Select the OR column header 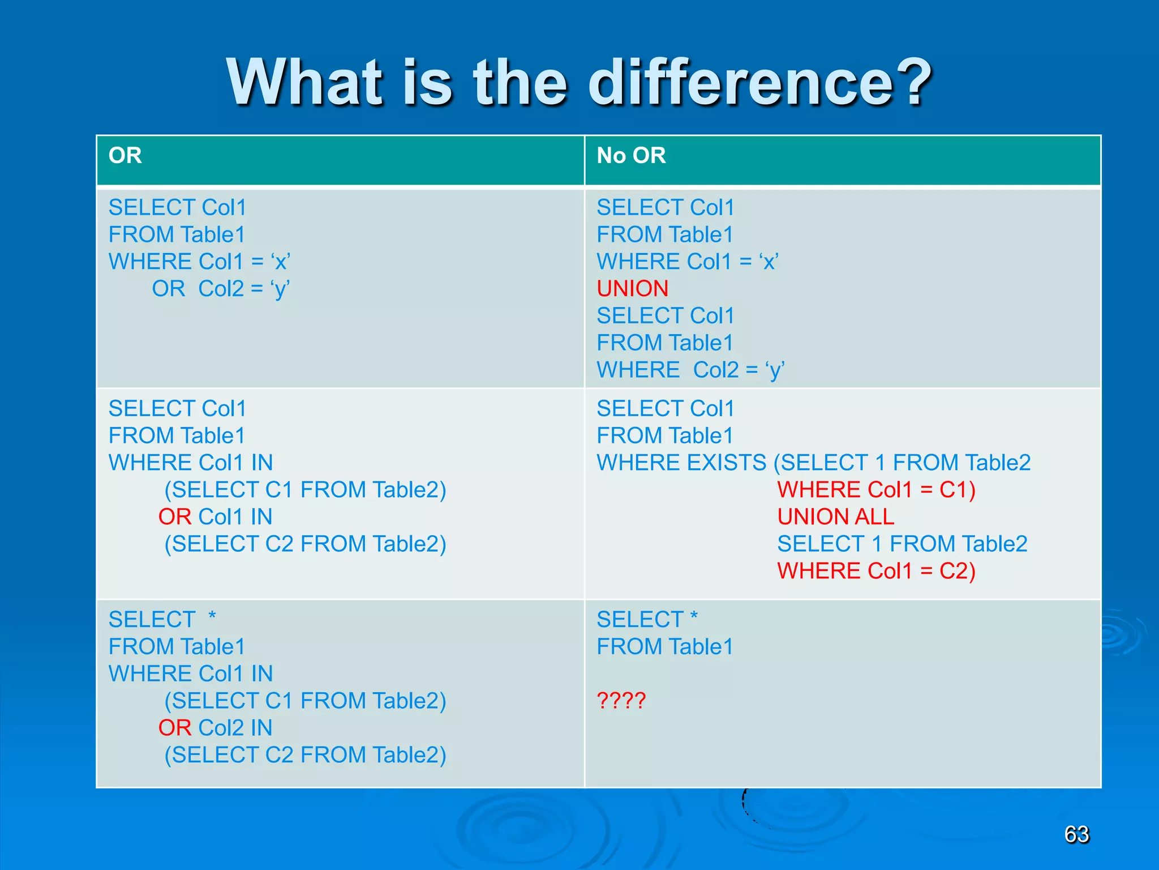(x=125, y=156)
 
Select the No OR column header (x=631, y=156)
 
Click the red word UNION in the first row (x=632, y=289)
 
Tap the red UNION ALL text (x=835, y=517)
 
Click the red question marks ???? (x=621, y=701)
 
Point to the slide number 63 (x=1076, y=834)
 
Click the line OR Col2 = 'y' (x=221, y=289)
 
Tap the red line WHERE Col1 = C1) (x=876, y=490)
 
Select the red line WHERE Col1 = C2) (x=876, y=571)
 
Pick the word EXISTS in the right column (x=726, y=463)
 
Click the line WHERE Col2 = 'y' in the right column (x=690, y=370)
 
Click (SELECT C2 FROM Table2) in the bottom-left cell (x=305, y=755)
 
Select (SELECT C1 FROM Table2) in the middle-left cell (x=305, y=490)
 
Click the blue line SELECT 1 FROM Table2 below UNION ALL (x=902, y=544)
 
